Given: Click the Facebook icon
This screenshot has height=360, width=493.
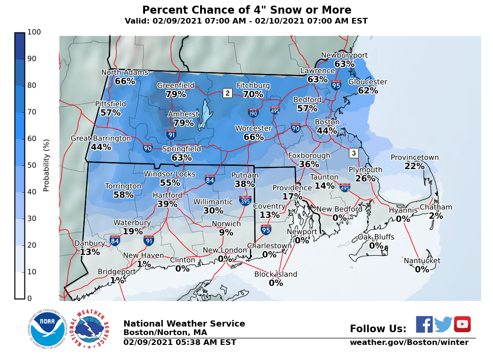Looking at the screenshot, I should click(x=424, y=324).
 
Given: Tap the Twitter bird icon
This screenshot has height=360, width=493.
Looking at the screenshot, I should click(x=443, y=324).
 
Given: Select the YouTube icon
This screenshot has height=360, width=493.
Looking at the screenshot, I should click(x=462, y=324).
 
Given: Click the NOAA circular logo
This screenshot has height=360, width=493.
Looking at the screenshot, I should click(x=46, y=329).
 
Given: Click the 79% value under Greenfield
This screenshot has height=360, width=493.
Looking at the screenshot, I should click(x=176, y=94).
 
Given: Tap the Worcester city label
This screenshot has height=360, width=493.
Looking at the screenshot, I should click(x=253, y=128).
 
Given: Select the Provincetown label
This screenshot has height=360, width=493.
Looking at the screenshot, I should click(x=414, y=157).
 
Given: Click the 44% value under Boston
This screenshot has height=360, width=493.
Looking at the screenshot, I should click(x=327, y=131).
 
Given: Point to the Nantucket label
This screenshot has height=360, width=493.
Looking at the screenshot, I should click(x=422, y=261).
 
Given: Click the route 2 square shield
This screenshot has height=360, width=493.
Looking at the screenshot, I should click(x=227, y=93).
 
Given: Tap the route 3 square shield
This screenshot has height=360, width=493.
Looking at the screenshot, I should click(x=354, y=153).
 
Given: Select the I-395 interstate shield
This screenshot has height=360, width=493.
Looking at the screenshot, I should click(x=245, y=201).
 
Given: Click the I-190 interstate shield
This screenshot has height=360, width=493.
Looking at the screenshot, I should click(x=253, y=113).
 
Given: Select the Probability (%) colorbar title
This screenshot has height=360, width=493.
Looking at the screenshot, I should click(x=46, y=165).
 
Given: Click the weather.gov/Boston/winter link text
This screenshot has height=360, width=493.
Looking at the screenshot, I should click(x=409, y=343).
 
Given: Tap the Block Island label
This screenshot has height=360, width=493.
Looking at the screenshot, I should click(x=275, y=274).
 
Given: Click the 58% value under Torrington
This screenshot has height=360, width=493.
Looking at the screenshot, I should click(x=123, y=195).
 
